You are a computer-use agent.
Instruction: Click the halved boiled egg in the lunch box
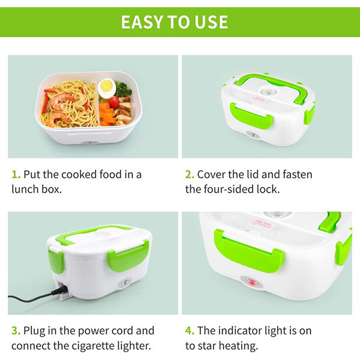point(107,88)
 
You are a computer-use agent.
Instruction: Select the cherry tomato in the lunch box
point(114,102)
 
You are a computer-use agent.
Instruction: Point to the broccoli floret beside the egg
point(123,89)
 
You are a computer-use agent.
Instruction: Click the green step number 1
point(16,175)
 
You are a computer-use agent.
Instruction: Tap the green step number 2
point(190,175)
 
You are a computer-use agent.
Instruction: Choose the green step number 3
point(16,331)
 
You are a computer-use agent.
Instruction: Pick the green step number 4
point(190,331)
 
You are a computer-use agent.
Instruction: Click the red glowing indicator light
point(253,283)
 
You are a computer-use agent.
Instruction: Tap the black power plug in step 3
point(60,290)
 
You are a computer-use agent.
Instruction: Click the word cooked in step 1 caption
point(79,175)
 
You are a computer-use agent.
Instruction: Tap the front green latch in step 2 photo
point(251,115)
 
